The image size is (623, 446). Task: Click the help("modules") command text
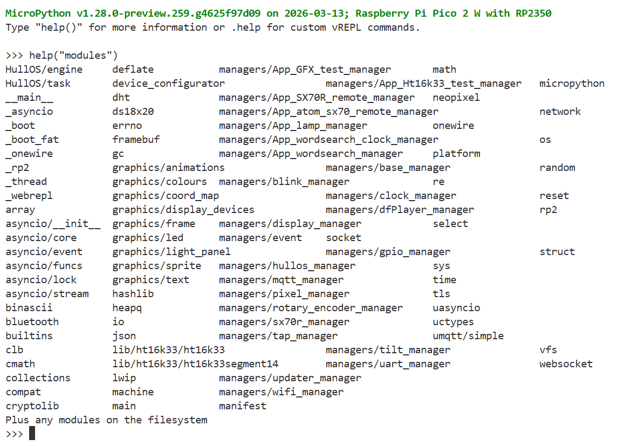(73, 56)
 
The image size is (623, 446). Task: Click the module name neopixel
(456, 98)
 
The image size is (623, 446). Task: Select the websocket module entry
(566, 364)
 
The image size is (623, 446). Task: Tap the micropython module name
(572, 84)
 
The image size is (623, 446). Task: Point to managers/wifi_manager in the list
(281, 392)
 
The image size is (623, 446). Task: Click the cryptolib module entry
(32, 406)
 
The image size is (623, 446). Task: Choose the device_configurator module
(168, 84)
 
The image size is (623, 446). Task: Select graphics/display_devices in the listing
(183, 210)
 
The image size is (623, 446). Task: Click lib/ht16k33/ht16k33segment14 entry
(195, 364)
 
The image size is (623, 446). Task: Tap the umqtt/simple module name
(468, 336)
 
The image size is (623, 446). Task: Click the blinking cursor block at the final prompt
(32, 434)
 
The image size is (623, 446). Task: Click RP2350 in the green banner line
(533, 13)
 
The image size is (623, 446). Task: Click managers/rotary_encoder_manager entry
(311, 308)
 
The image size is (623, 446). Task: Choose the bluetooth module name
(32, 322)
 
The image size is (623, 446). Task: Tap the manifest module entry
(242, 406)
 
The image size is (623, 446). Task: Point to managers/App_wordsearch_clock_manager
(328, 140)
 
